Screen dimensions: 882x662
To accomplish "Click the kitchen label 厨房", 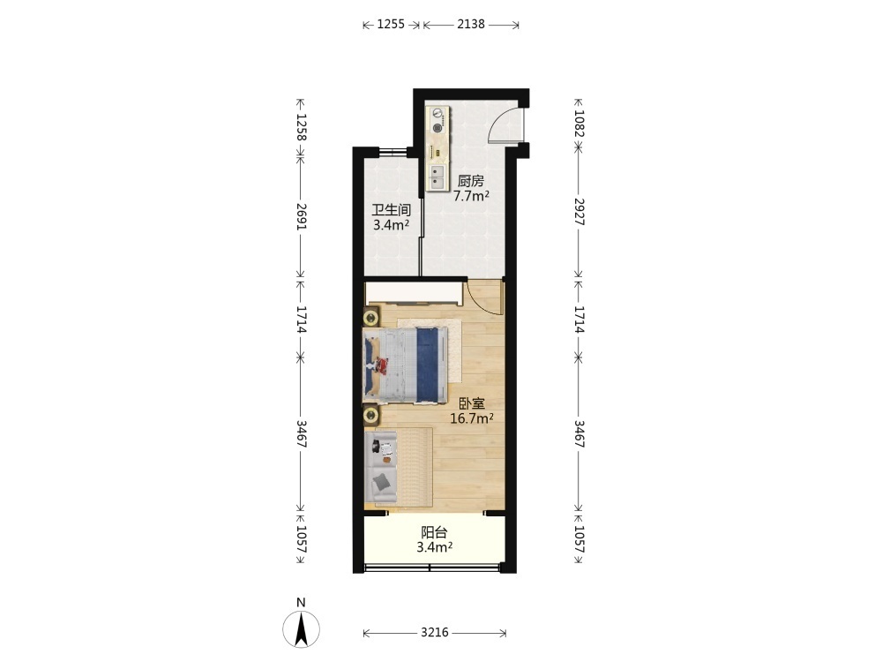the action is pos(470,181).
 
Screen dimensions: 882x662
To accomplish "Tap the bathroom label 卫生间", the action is pos(391,211).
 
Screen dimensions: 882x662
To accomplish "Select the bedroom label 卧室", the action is pos(472,403).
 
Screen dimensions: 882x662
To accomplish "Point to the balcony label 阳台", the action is pos(434,532).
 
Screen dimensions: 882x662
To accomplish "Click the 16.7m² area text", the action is pos(472,418).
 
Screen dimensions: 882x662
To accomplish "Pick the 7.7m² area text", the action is pos(471,196).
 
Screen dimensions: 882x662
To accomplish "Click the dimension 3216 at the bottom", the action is pos(435,633).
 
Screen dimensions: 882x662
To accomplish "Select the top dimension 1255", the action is pos(391,24).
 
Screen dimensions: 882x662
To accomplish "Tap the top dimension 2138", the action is pos(471,24).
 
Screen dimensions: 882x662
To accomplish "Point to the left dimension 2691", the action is pos(301,216).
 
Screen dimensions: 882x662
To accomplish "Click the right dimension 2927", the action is pos(579,212).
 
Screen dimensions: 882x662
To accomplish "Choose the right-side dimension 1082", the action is pos(579,124).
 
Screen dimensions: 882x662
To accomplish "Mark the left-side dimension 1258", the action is pos(301,128).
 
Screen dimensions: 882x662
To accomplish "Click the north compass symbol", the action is pos(301,628).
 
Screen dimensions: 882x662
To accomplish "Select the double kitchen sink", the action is pos(437,177).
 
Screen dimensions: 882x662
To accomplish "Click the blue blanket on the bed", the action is pos(427,365).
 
